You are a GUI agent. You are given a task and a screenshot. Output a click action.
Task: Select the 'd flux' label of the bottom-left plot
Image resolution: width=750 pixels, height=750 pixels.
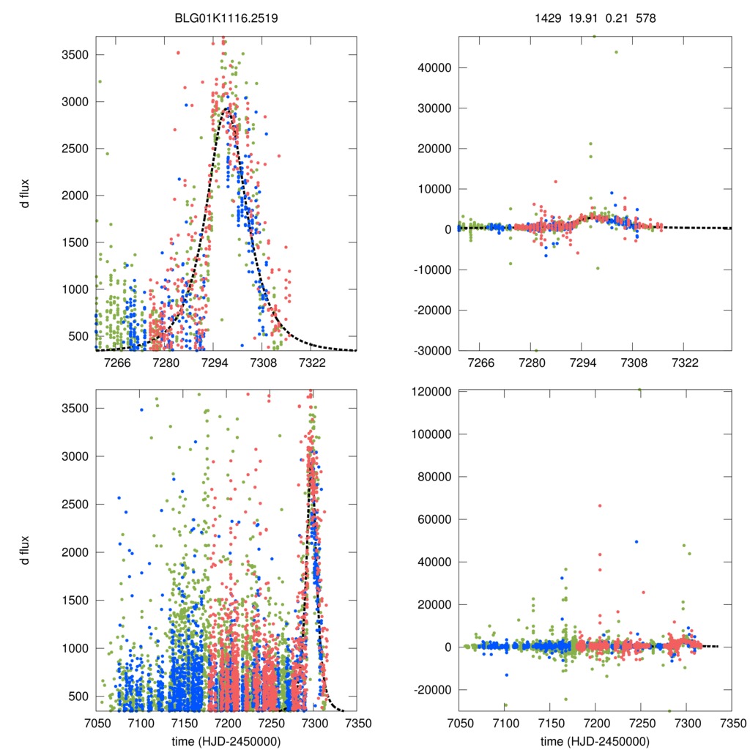[x=26, y=551]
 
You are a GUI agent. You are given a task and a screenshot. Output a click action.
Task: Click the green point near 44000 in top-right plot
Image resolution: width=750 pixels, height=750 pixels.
[x=616, y=52]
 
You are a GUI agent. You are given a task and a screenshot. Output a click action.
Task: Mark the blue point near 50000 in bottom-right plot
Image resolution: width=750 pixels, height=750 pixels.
[x=636, y=542]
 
